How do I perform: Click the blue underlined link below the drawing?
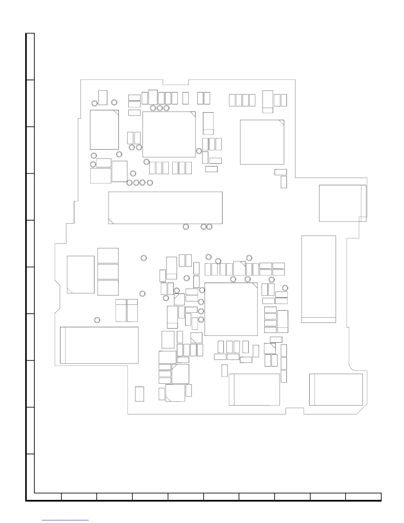pos(66,520)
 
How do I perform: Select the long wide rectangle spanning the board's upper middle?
pos(165,208)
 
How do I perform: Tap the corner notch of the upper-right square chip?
pos(281,122)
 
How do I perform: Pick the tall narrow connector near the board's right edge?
pos(319,279)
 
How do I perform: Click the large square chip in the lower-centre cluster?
pos(231,309)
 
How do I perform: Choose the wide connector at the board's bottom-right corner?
pos(336,389)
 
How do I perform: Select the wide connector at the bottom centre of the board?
pos(254,389)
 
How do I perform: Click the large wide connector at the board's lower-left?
pos(99,345)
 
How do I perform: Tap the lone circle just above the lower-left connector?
pos(97,320)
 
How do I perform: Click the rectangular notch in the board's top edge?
pos(176,82)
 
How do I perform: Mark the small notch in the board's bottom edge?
pos(294,411)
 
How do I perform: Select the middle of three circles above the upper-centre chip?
pos(160,108)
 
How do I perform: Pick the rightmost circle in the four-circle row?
pos(150,183)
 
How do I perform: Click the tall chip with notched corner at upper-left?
pos(104,130)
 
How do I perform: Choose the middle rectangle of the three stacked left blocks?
pos(108,271)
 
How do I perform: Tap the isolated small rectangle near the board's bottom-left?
pos(140,394)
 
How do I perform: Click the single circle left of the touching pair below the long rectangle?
pos(186,227)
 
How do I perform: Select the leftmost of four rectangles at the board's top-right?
pos(232,100)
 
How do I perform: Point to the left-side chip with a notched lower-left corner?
pos(81,274)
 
